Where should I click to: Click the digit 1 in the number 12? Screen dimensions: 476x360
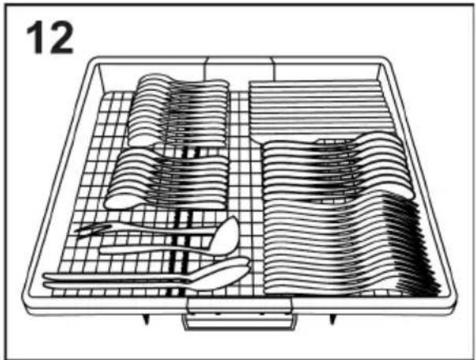pyautogui.click(x=35, y=38)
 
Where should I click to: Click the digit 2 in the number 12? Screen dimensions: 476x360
pyautogui.click(x=60, y=38)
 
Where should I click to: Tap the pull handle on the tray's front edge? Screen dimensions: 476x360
pyautogui.click(x=240, y=315)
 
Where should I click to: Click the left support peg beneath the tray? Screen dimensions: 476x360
pyautogui.click(x=147, y=319)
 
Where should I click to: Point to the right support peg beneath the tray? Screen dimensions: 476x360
pyautogui.click(x=333, y=319)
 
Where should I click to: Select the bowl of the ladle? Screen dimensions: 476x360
pyautogui.click(x=225, y=236)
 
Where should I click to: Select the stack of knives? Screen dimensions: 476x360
pyautogui.click(x=319, y=108)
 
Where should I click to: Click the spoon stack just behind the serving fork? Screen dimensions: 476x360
pyautogui.click(x=166, y=179)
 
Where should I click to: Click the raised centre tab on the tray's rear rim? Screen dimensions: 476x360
pyautogui.click(x=240, y=69)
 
